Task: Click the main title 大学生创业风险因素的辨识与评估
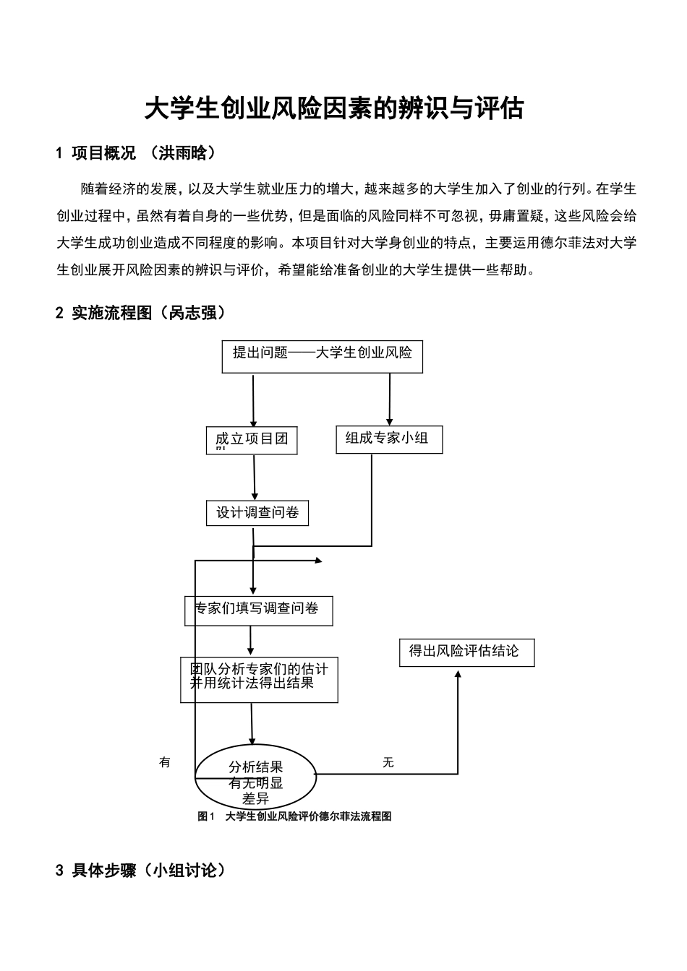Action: point(333,108)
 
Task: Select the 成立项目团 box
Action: point(252,440)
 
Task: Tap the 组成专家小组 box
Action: point(389,439)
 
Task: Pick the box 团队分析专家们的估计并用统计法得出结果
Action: point(259,678)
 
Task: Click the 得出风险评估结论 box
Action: point(466,652)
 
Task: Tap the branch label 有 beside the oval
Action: point(165,762)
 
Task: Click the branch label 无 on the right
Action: point(388,762)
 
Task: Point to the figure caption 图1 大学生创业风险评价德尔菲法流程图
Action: point(295,816)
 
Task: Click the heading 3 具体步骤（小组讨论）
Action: point(141,871)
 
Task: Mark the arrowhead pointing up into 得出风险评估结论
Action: point(458,673)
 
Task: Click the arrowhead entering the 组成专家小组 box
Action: point(389,421)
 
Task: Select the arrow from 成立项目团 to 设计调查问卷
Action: point(255,477)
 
